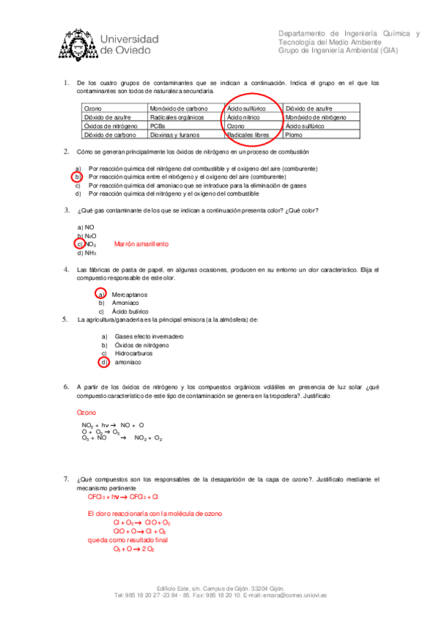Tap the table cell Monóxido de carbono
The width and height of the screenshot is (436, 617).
point(173,108)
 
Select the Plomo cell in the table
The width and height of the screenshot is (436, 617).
point(294,135)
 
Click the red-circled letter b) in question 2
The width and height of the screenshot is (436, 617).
point(76,177)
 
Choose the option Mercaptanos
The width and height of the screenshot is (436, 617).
point(130,294)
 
